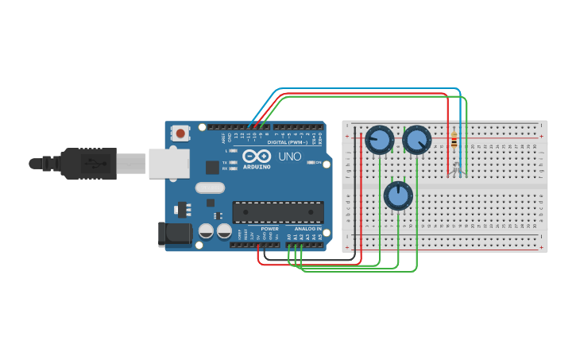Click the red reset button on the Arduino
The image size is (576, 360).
(181, 134)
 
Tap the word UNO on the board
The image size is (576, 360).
(290, 157)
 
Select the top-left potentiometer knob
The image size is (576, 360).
(379, 141)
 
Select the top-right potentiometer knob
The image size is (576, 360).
(416, 140)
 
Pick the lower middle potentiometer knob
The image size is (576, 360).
(398, 195)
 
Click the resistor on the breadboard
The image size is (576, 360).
(454, 141)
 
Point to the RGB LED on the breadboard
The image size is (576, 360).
(457, 168)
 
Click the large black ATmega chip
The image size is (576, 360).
(278, 212)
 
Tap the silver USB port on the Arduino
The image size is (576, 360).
(169, 164)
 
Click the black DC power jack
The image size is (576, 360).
(175, 234)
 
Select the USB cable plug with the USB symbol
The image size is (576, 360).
(91, 164)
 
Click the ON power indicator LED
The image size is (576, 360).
(311, 162)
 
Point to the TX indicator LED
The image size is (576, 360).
(233, 162)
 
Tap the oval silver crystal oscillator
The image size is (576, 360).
(210, 188)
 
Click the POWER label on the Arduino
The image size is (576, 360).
(270, 229)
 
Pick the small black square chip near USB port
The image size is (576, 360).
(212, 167)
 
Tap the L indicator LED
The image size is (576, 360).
(233, 150)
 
